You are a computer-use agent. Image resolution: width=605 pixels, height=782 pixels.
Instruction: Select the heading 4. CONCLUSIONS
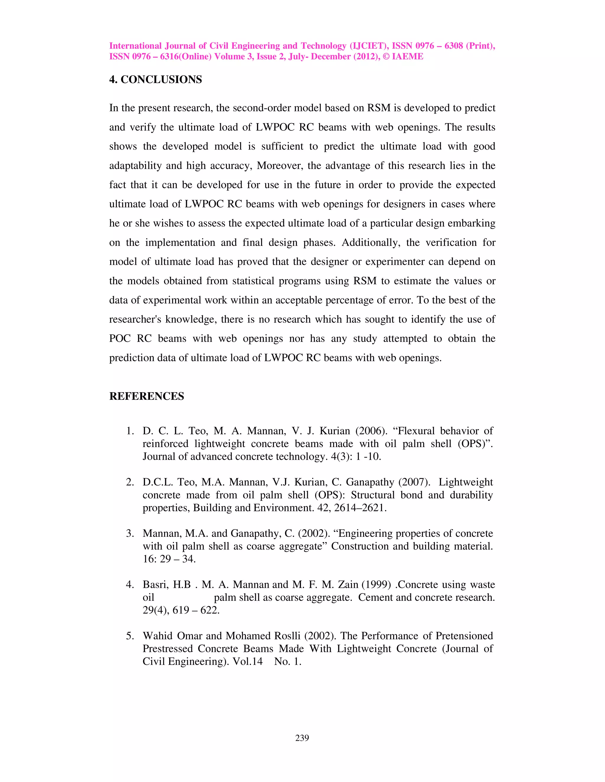pyautogui.click(x=156, y=79)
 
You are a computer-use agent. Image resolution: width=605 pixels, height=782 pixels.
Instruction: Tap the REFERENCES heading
pyautogui.click(x=147, y=396)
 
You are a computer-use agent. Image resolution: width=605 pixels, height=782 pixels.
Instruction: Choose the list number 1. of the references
pyautogui.click(x=130, y=431)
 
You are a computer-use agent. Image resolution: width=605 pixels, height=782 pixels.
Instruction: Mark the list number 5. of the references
pyautogui.click(x=130, y=636)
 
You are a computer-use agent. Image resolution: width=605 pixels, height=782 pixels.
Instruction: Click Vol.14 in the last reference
pyautogui.click(x=248, y=661)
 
